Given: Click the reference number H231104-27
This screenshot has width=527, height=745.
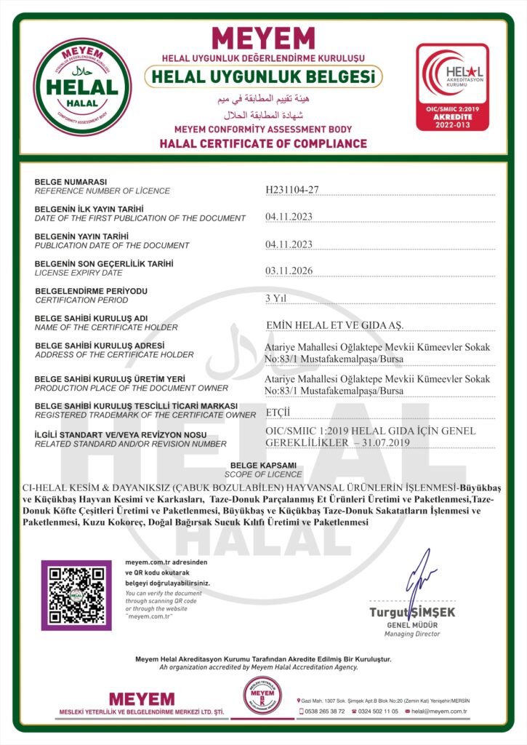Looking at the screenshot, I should coord(292,190).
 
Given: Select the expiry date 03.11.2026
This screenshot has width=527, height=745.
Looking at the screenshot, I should coord(289,271).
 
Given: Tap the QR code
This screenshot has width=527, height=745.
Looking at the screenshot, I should coord(76,595).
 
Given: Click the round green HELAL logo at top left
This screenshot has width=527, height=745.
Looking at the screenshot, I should coord(84,87).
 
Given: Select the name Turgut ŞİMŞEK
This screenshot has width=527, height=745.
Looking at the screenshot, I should coord(411,612).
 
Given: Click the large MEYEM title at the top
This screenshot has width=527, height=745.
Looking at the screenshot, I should coord(262,38).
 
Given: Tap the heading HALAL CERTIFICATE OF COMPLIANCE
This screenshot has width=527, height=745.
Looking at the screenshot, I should coord(263,143).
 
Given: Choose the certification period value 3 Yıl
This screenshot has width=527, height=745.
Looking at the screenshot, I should coord(278,298).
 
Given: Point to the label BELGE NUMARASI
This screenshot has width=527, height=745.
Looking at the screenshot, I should coord(71,182).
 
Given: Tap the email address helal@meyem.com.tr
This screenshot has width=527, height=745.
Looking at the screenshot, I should coord(439,711).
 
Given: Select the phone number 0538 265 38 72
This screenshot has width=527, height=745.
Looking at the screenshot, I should coord(325,711).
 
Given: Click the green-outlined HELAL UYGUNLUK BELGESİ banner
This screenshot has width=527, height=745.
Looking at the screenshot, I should coord(263,76).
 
